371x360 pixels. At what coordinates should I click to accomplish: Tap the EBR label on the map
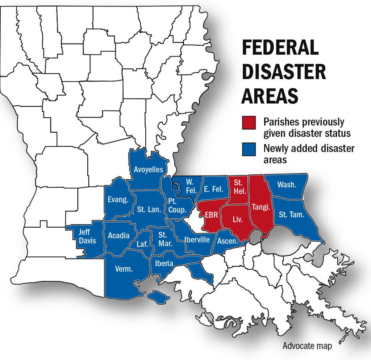pos(211,215)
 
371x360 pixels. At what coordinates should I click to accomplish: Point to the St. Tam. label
pos(291,214)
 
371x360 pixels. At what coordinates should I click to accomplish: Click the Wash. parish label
pos(287,185)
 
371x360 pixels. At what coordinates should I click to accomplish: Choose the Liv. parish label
pos(237,219)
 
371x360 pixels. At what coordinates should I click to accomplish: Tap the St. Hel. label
pos(238,185)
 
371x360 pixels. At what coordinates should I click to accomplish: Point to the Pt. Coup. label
pos(177,205)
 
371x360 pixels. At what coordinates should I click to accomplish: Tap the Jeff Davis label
pos(87,236)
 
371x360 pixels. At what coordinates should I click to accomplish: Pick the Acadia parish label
pos(118,236)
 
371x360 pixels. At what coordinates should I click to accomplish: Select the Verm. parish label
pos(124,269)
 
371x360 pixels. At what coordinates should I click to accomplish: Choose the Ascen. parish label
pos(227,241)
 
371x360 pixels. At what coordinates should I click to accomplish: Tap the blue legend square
pos(249,149)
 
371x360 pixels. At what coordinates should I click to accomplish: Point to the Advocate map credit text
pos(307,346)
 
